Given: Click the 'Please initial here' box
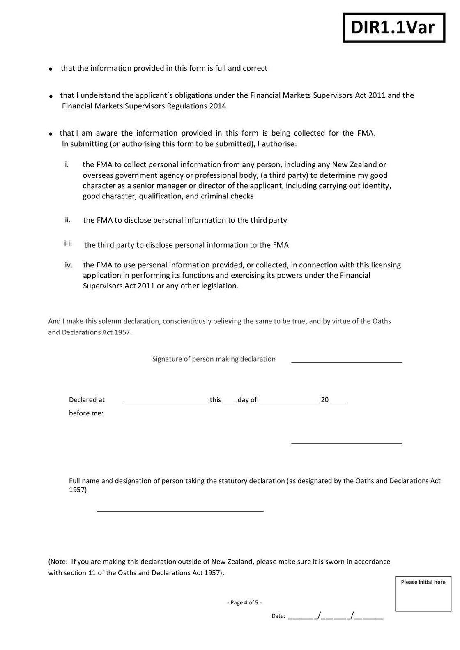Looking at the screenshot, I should [423, 594].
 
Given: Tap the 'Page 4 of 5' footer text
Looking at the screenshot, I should [244, 603].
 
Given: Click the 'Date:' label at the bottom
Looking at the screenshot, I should [278, 616].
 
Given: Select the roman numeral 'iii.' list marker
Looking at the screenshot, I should [68, 244].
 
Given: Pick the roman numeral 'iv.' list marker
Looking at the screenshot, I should [69, 265].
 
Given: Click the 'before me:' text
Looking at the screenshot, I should [86, 413].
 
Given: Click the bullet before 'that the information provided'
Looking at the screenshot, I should [50, 69].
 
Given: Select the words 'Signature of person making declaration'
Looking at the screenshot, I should [214, 359].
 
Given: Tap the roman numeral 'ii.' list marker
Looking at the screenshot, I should [68, 220].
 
